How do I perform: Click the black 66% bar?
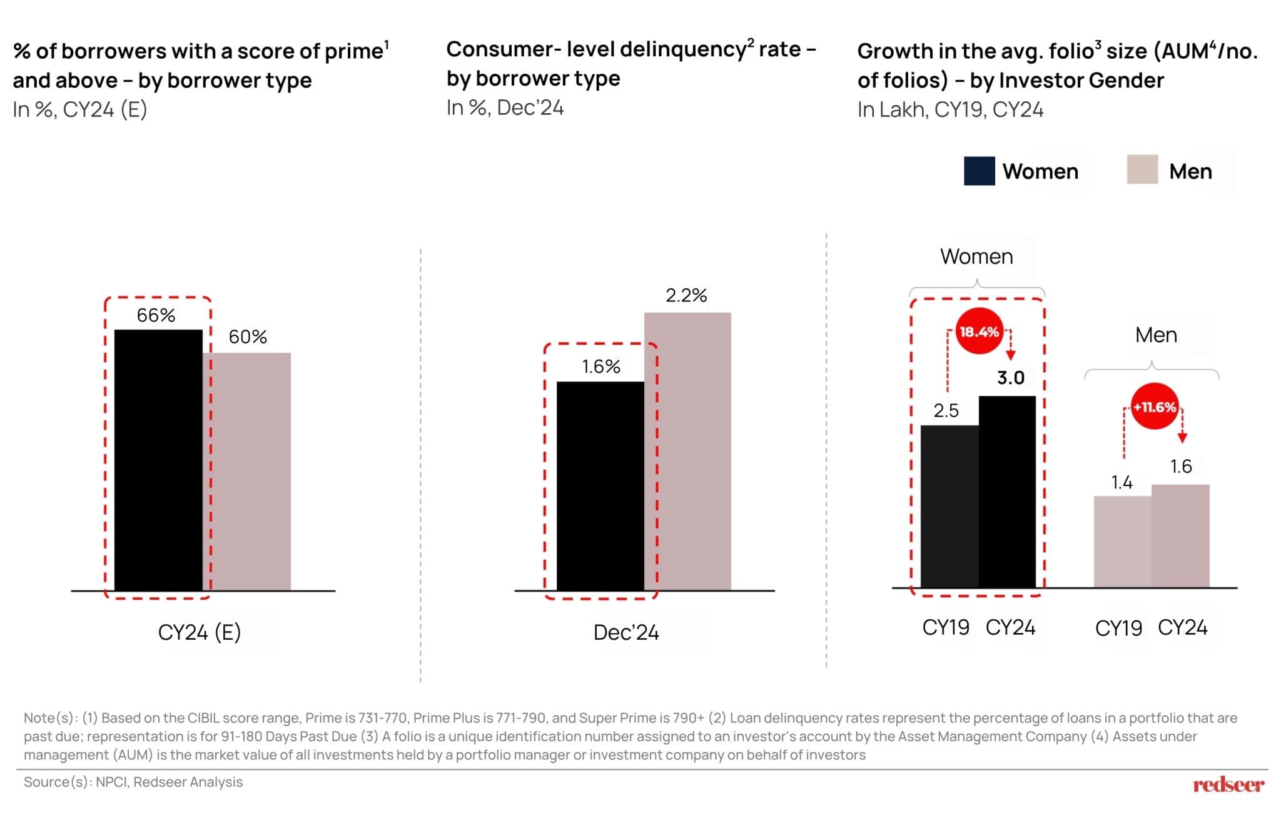[158, 460]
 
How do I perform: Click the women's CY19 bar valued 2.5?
[949, 506]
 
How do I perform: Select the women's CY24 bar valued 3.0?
[1007, 492]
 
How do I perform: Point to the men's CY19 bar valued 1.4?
[1122, 542]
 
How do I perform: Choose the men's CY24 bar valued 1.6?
[1180, 536]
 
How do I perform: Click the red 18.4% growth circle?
[979, 332]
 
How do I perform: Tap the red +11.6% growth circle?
[1155, 407]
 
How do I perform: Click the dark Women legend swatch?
[979, 171]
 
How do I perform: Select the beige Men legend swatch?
[1142, 170]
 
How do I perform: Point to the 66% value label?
[156, 315]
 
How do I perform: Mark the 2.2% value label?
[686, 295]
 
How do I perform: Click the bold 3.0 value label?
[1011, 378]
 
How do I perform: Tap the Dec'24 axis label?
[626, 632]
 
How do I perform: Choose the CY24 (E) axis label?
[199, 632]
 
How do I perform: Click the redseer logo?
[1228, 784]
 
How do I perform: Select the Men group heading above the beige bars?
[1156, 335]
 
